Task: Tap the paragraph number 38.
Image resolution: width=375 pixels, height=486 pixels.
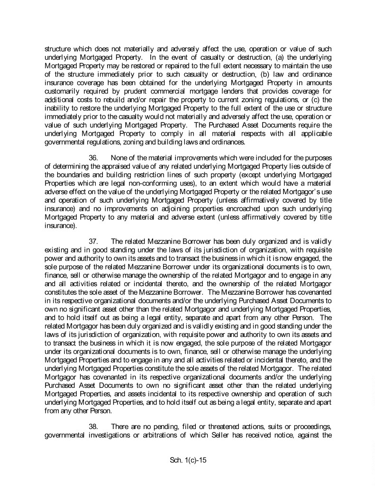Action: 94,427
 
